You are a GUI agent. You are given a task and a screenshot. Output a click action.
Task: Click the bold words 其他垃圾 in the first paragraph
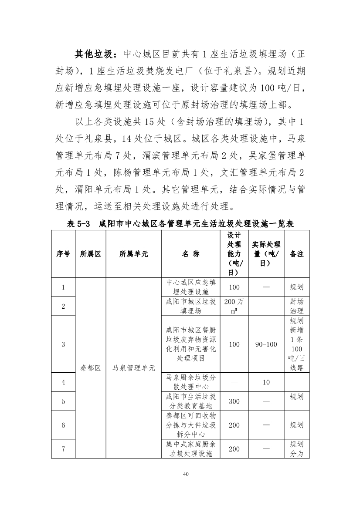95,54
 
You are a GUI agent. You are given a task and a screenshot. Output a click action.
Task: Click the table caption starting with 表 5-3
180,224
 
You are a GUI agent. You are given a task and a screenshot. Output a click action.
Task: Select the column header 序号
63,254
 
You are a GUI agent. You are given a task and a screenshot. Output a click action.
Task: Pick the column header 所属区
91,254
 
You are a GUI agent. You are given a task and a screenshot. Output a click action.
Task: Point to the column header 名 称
191,254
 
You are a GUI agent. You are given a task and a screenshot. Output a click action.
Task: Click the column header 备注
297,254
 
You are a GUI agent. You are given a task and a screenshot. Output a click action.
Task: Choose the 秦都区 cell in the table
91,368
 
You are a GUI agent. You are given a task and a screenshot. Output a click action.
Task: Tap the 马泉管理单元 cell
134,368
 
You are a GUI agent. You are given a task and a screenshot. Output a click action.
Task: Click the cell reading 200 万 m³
234,307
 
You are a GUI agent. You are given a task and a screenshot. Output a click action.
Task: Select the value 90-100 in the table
266,344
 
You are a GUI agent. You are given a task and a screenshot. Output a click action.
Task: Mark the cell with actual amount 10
266,382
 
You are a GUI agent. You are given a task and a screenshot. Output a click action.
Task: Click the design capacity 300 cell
234,401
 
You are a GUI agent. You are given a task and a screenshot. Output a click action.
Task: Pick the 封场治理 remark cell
297,307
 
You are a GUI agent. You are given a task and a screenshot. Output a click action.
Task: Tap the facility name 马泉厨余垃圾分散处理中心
191,382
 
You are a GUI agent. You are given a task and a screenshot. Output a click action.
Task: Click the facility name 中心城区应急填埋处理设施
191,287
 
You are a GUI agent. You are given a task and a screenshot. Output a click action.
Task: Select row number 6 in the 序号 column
63,425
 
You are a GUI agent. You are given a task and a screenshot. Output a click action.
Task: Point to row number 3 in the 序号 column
63,344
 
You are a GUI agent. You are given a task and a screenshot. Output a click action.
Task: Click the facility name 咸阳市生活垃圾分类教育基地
191,401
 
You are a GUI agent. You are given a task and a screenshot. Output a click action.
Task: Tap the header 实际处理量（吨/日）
266,254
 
